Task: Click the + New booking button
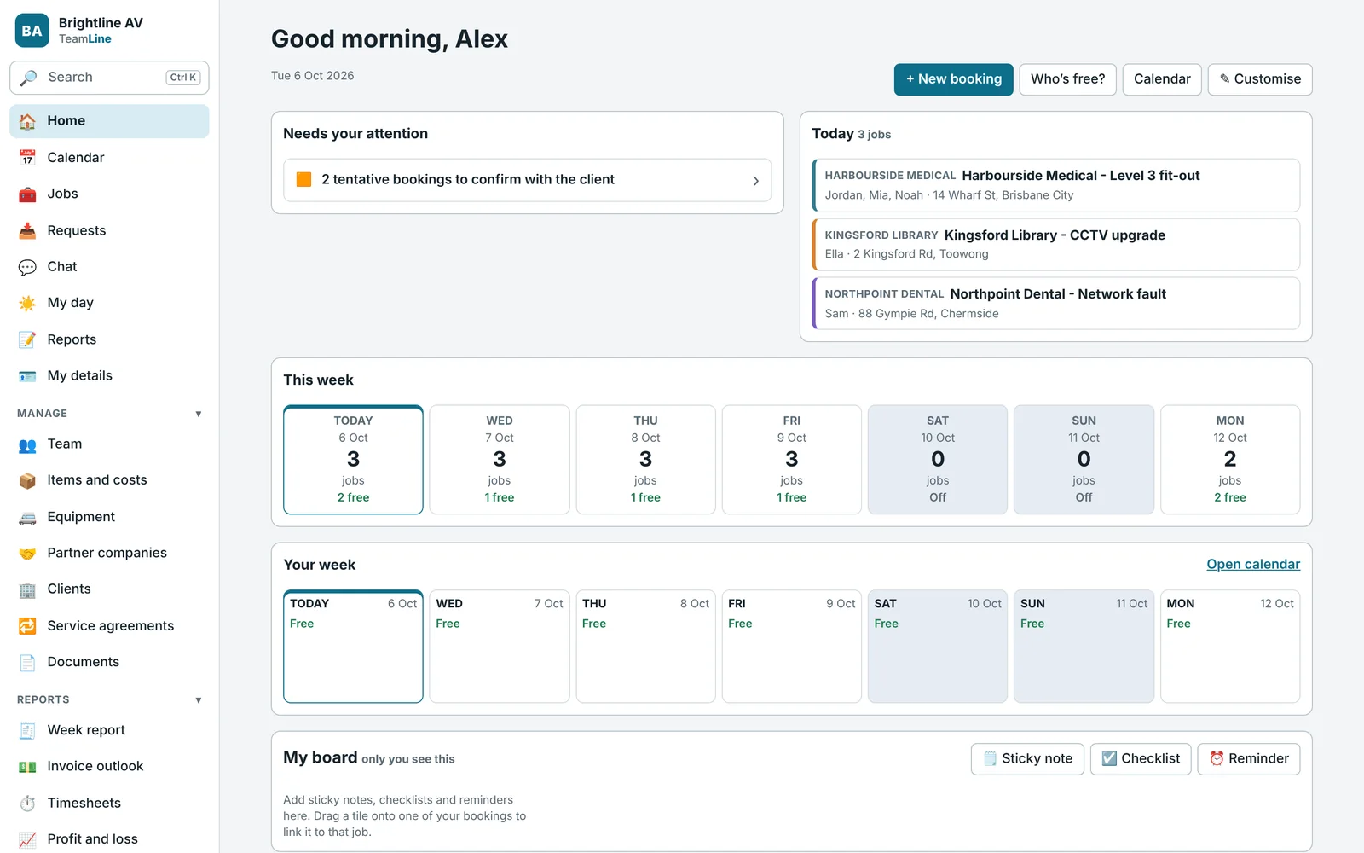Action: (954, 79)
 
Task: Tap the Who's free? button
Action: (1067, 79)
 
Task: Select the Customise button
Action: (1260, 79)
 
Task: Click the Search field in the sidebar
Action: (110, 78)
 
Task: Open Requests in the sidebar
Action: (76, 230)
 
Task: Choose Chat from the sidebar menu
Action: (62, 266)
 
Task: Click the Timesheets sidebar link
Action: (84, 803)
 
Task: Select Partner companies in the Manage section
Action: (107, 553)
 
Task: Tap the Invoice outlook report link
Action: (95, 766)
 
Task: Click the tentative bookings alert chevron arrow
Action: (755, 180)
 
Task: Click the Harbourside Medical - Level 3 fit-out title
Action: (1081, 176)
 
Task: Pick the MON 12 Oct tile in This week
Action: (1230, 460)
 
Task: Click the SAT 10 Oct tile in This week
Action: (938, 460)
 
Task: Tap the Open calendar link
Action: (1253, 564)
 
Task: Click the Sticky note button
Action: (1027, 758)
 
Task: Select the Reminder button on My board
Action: (1249, 758)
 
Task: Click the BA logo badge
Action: (32, 31)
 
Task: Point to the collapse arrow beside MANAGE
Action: (199, 414)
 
